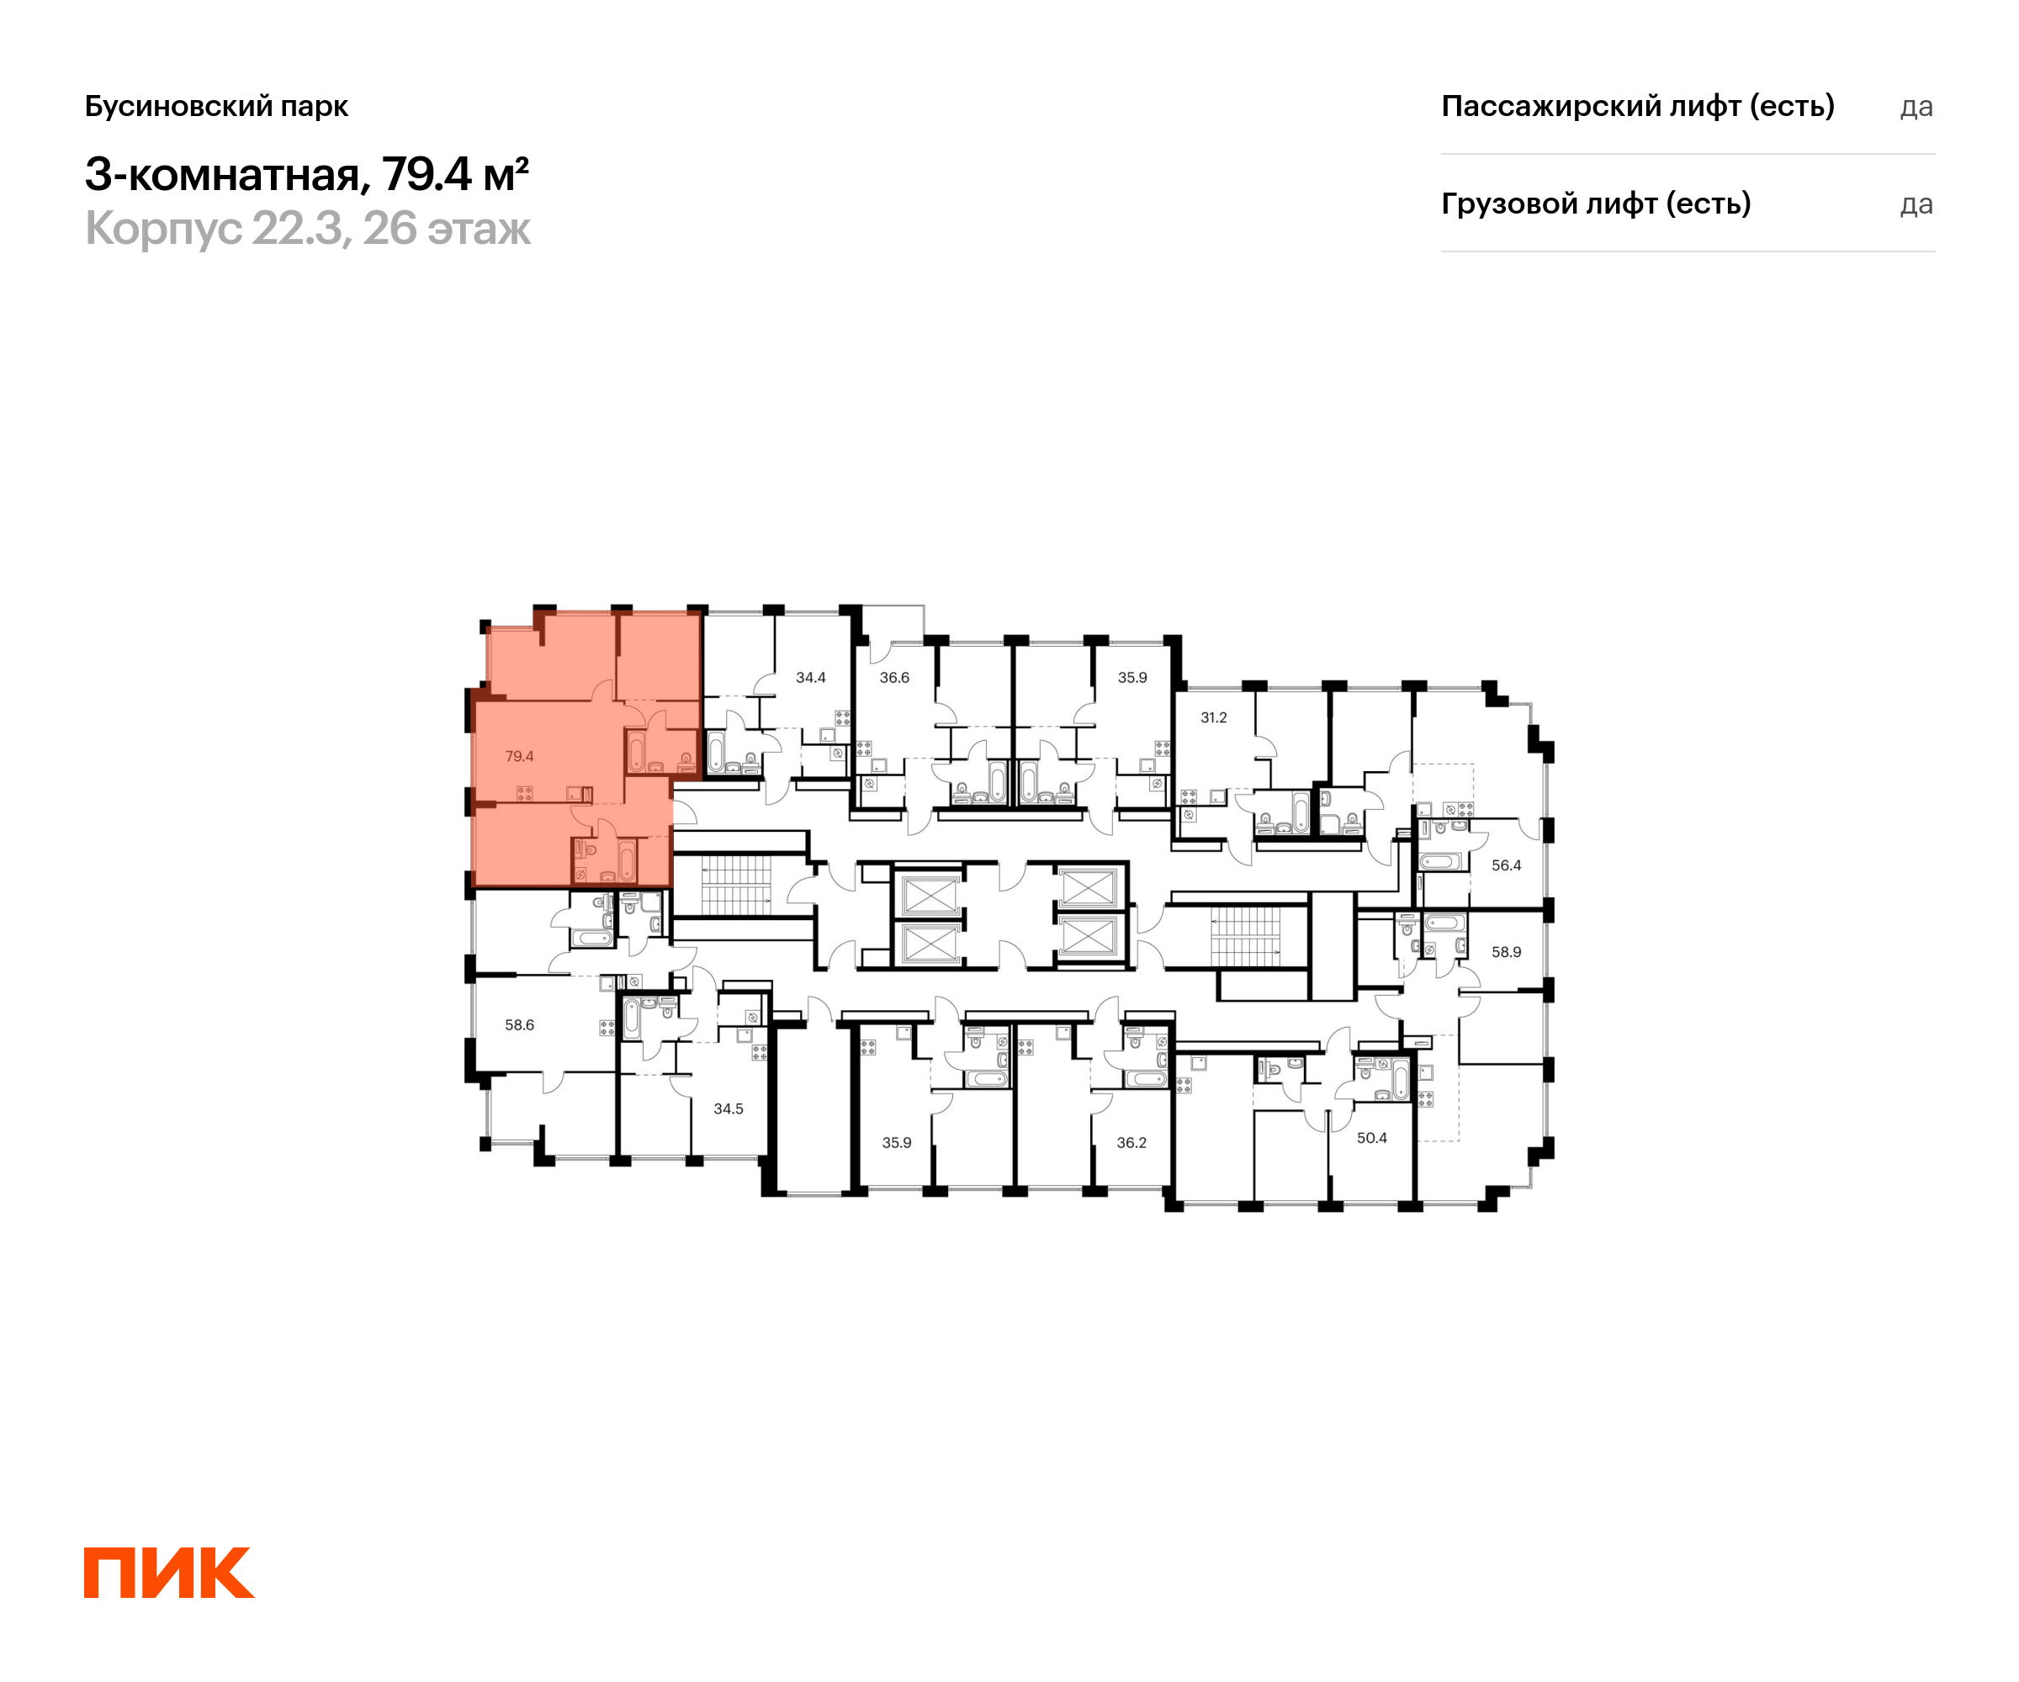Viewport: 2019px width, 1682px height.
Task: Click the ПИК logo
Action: (169, 1573)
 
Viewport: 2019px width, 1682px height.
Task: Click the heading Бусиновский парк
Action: (216, 106)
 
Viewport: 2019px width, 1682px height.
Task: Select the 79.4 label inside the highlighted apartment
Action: (519, 756)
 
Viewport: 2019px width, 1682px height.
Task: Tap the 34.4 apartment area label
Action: (810, 678)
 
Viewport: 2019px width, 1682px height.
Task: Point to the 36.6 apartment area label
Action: (894, 678)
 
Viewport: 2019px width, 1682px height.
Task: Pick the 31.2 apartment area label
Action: (1213, 717)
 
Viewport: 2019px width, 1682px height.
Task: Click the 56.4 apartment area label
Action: (1506, 865)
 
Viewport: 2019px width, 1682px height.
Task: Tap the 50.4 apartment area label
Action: (1371, 1138)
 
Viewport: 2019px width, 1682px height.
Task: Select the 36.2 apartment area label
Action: (1131, 1143)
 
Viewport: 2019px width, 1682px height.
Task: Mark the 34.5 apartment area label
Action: (728, 1108)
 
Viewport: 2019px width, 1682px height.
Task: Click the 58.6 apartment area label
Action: (519, 1024)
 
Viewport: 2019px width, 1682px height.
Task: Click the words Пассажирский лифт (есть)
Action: (1637, 106)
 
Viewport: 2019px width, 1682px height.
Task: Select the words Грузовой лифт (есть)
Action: (1596, 204)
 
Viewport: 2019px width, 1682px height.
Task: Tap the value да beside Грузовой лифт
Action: (1916, 204)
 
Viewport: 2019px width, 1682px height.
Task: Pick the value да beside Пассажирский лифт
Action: (1916, 107)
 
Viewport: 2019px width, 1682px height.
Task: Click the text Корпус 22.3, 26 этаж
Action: (308, 229)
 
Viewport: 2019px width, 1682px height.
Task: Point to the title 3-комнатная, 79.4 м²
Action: (307, 174)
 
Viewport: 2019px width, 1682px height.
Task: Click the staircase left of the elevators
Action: (735, 884)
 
